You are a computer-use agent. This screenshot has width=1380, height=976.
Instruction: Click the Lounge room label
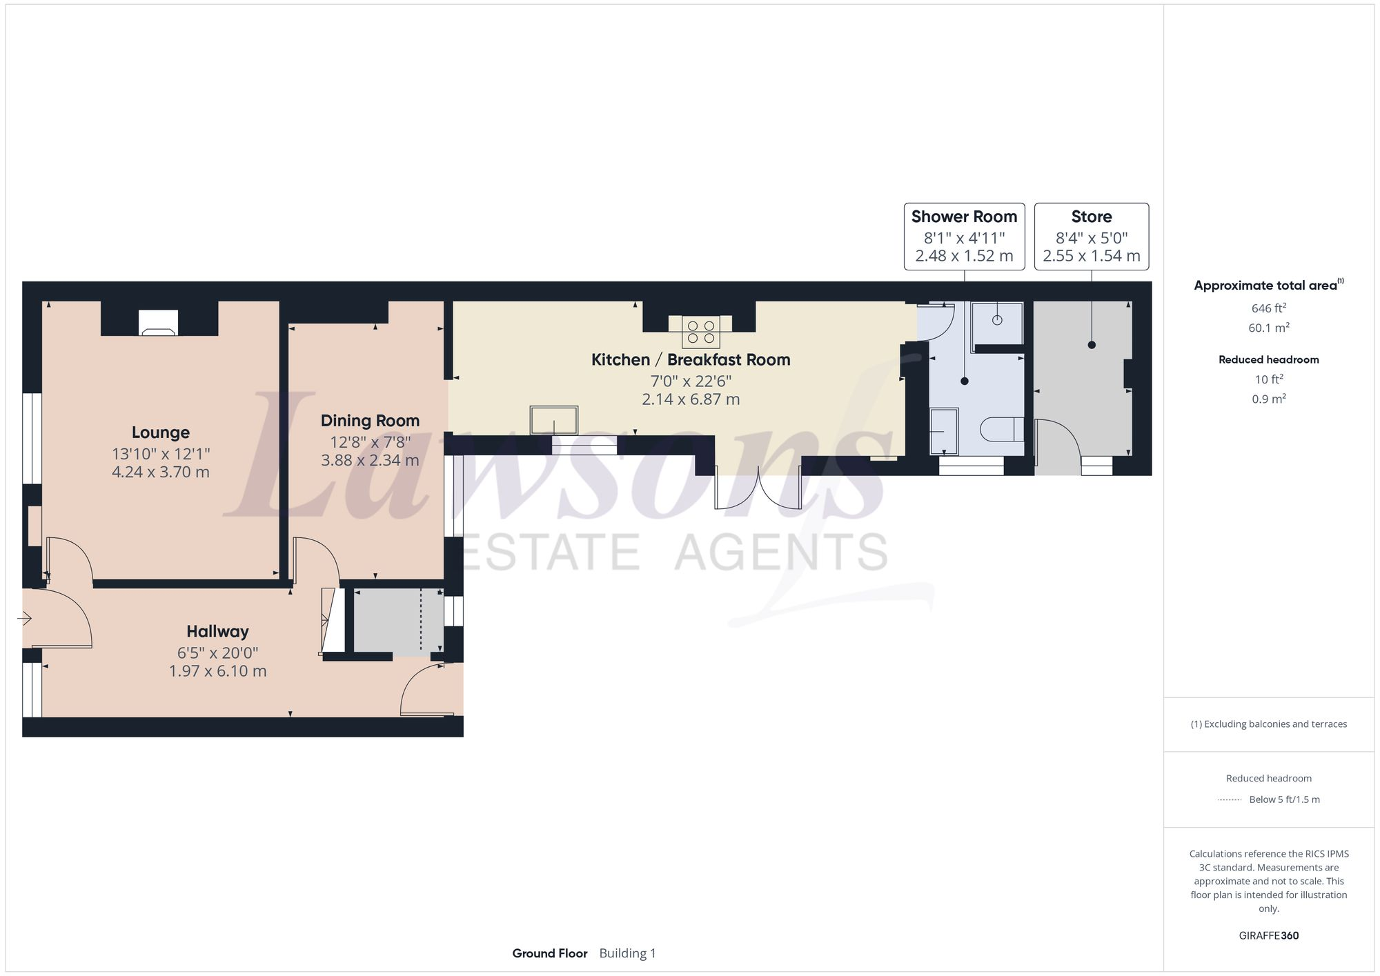pyautogui.click(x=160, y=432)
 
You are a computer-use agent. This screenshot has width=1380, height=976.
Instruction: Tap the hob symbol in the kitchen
pyautogui.click(x=700, y=332)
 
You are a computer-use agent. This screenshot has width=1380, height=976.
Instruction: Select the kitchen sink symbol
pyautogui.click(x=553, y=420)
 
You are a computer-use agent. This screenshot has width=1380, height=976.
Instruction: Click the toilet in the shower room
pyautogui.click(x=1000, y=429)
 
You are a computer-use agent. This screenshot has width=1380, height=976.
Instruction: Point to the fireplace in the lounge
pyautogui.click(x=158, y=323)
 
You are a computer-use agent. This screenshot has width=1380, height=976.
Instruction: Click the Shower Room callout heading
pyautogui.click(x=964, y=217)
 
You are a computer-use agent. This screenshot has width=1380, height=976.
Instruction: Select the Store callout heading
pyautogui.click(x=1091, y=217)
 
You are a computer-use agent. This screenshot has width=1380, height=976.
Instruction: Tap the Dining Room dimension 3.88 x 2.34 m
pyautogui.click(x=370, y=460)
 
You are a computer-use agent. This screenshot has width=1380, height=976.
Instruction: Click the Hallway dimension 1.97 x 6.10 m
pyautogui.click(x=217, y=671)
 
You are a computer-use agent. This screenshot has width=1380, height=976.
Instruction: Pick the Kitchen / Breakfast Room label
pyautogui.click(x=690, y=359)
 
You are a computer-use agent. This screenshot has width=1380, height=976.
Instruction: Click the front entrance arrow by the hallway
pyautogui.click(x=24, y=619)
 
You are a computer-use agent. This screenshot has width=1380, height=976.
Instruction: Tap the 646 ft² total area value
pyautogui.click(x=1268, y=308)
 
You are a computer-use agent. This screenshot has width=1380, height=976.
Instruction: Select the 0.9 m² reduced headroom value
pyautogui.click(x=1268, y=399)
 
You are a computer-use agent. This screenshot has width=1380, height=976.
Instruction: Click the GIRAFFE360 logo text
pyautogui.click(x=1268, y=936)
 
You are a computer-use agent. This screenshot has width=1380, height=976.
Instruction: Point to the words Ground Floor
pyautogui.click(x=549, y=953)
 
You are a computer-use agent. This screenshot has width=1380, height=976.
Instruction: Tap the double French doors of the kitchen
pyautogui.click(x=758, y=490)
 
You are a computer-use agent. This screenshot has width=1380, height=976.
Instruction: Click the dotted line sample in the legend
pyautogui.click(x=1230, y=800)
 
